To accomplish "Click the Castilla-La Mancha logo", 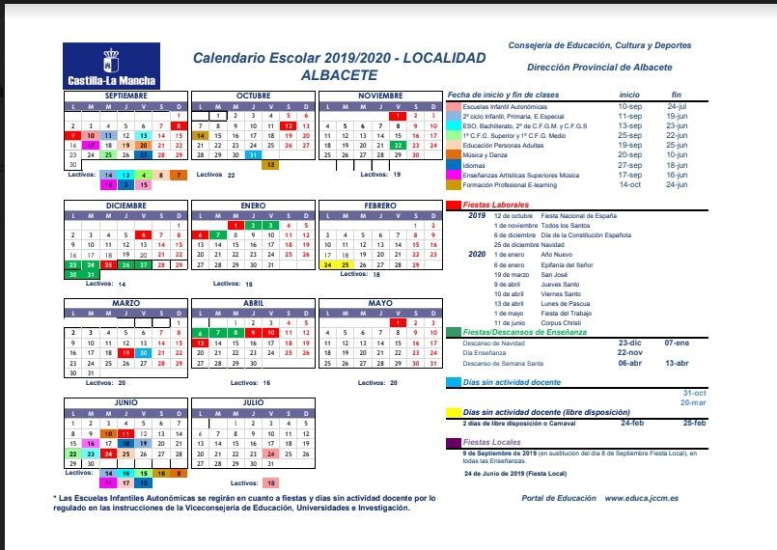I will tap(111, 66).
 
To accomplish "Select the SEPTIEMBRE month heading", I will tap(125, 96).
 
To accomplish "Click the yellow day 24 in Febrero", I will tap(327, 264).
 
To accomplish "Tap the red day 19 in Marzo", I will tap(125, 353).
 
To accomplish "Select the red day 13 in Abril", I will tap(199, 344).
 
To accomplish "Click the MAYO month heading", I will tap(379, 303).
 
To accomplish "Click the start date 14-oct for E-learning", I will tap(630, 183).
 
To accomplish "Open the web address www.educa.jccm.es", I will tap(647, 497).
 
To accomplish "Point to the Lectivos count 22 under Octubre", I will tap(232, 175).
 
